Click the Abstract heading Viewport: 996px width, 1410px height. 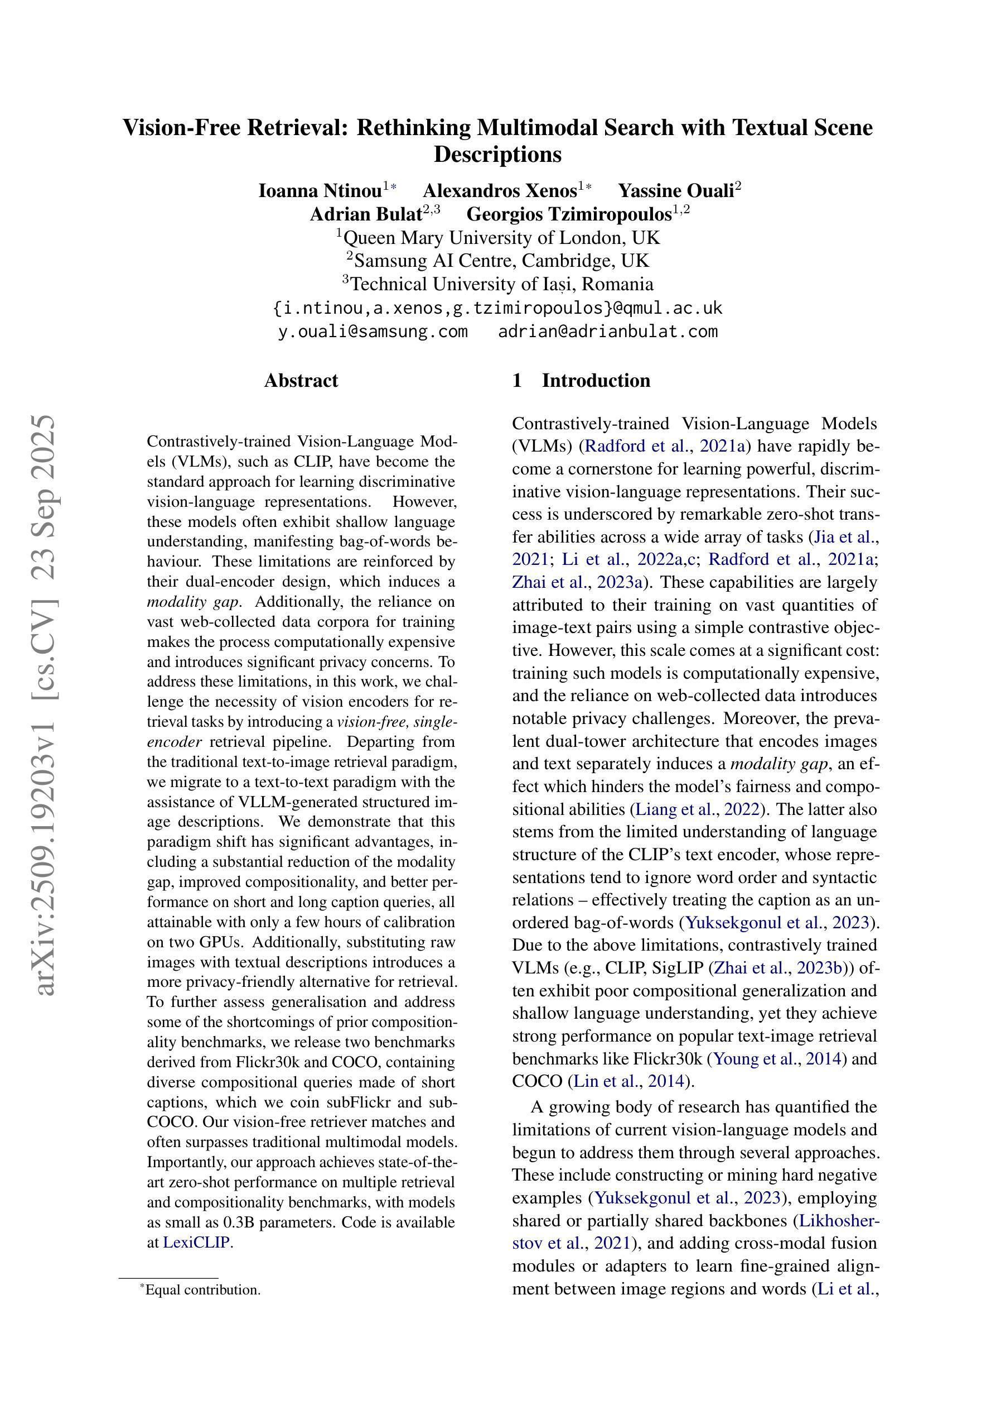coord(301,381)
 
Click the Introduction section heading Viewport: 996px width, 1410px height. coord(595,381)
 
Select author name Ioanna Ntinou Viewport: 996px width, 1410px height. coord(320,191)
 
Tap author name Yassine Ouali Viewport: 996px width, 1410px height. coord(676,191)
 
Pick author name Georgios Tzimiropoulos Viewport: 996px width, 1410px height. coord(569,214)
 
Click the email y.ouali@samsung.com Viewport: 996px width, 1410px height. coord(373,332)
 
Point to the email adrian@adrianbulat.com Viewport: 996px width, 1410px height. coord(607,332)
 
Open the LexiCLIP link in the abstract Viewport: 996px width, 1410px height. coord(196,1243)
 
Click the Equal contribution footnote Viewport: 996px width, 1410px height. coord(202,1289)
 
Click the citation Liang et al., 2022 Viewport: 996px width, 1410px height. coord(698,809)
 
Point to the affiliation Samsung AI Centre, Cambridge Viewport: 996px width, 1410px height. coord(501,261)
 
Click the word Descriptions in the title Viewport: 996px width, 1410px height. coord(497,154)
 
